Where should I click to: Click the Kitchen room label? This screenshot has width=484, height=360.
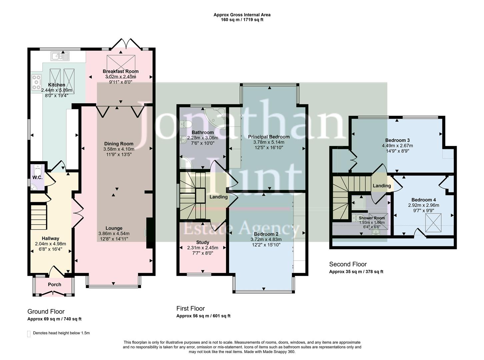pos(56,85)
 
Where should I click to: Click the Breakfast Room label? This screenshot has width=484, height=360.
pos(120,71)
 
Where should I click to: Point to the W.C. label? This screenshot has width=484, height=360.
pos(37,177)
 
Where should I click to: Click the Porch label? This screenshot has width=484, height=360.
pos(54,284)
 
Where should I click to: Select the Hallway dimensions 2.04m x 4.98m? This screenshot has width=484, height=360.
pos(50,244)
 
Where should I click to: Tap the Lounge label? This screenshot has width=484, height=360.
pos(114,228)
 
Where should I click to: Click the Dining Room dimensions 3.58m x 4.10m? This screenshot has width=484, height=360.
pos(119,149)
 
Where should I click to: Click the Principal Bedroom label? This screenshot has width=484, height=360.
pos(269,137)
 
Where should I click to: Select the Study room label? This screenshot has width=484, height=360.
pos(203,242)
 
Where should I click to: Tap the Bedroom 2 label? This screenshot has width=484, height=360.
pos(266,234)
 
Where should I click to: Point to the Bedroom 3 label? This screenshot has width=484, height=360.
pos(397,140)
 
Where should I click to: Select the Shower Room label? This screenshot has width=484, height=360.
pos(372,218)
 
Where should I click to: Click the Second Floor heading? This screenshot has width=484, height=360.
pos(348,264)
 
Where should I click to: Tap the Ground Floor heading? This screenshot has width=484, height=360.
pos(46,312)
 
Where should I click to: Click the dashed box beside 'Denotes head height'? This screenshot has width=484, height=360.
pos(29,334)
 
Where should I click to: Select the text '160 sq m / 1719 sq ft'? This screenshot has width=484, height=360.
pos(242,20)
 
